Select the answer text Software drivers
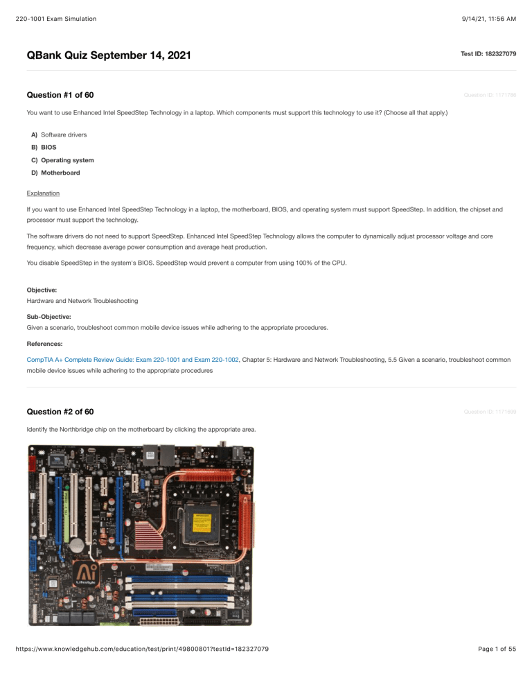coord(63,134)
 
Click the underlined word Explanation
coord(42,193)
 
